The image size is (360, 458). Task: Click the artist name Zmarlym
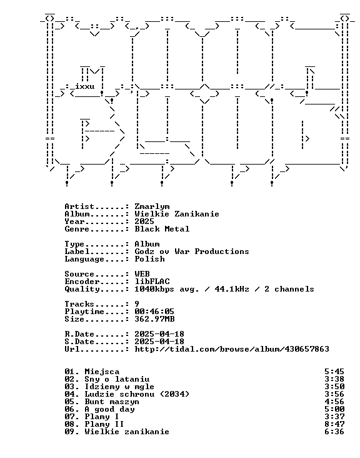pyautogui.click(x=152, y=207)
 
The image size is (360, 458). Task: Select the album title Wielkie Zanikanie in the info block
pyautogui.click(x=177, y=214)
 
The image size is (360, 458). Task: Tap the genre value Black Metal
pyautogui.click(x=162, y=229)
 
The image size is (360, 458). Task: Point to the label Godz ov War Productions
pyautogui.click(x=192, y=252)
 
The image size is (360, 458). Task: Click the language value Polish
pyautogui.click(x=149, y=259)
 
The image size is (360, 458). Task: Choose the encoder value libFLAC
pyautogui.click(x=152, y=282)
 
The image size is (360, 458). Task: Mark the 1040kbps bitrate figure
pyautogui.click(x=154, y=289)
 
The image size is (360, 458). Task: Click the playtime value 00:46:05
pyautogui.click(x=154, y=312)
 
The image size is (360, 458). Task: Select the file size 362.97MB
pyautogui.click(x=154, y=319)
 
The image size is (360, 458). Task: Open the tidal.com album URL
pyautogui.click(x=232, y=349)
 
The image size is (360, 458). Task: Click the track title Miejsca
pyautogui.click(x=102, y=372)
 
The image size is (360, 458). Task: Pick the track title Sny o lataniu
pyautogui.click(x=117, y=379)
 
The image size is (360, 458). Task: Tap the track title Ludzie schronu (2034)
pyautogui.click(x=137, y=394)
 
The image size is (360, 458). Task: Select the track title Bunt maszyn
pyautogui.click(x=112, y=402)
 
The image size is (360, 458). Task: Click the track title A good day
pyautogui.click(x=110, y=410)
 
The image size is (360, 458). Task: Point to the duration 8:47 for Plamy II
pyautogui.click(x=334, y=424)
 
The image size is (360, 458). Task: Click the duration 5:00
pyautogui.click(x=334, y=410)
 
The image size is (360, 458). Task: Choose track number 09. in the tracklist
pyautogui.click(x=72, y=432)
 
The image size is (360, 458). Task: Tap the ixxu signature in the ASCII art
pyautogui.click(x=84, y=86)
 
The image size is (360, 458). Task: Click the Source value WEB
pyautogui.click(x=142, y=274)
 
